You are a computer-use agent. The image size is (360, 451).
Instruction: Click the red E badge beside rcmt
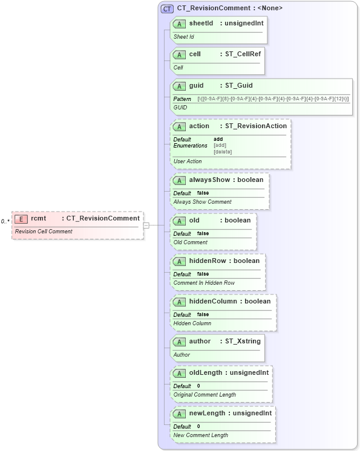tap(21, 219)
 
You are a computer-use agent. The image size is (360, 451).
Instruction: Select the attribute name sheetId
tap(201, 23)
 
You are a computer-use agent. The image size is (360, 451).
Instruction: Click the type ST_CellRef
tap(240, 54)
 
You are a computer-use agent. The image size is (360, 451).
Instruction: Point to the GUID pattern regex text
tap(273, 99)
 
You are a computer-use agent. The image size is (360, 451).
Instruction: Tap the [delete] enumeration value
tap(223, 152)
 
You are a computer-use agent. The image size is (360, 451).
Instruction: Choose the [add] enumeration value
tap(220, 145)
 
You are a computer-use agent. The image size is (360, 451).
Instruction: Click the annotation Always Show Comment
tap(202, 202)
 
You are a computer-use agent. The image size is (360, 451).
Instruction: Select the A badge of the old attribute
tap(179, 221)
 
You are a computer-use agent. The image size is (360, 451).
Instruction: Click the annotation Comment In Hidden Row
tap(204, 283)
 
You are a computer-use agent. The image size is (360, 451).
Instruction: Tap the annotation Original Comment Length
tap(205, 395)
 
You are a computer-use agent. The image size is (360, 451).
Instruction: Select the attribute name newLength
tap(206, 414)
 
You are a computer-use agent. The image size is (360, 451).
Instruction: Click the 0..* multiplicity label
tap(5, 221)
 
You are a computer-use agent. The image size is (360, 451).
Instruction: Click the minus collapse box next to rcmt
tap(146, 225)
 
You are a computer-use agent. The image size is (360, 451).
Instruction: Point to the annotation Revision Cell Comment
tap(44, 232)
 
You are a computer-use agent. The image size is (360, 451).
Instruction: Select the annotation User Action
tap(188, 161)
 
